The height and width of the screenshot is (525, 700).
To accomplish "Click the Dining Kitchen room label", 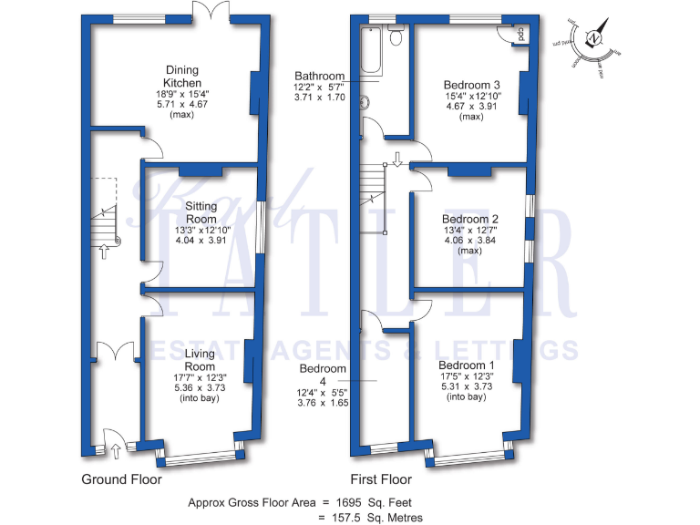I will tap(182, 77).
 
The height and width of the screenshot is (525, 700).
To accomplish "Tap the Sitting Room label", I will tap(201, 213).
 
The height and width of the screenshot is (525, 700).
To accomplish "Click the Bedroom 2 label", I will tap(470, 220).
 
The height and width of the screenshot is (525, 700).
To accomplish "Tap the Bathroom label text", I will tap(319, 77).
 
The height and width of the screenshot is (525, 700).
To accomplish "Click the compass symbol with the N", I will tap(593, 39).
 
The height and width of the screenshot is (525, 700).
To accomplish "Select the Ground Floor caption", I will tap(122, 479).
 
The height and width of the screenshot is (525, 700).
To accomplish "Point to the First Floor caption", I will tap(381, 479).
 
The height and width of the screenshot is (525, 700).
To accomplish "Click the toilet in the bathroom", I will tap(396, 36).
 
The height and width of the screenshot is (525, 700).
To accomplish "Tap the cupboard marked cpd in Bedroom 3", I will tap(520, 34).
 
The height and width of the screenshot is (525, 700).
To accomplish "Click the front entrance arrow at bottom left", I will tap(116, 448).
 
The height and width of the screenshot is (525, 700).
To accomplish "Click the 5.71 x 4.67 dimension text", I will tap(182, 105).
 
